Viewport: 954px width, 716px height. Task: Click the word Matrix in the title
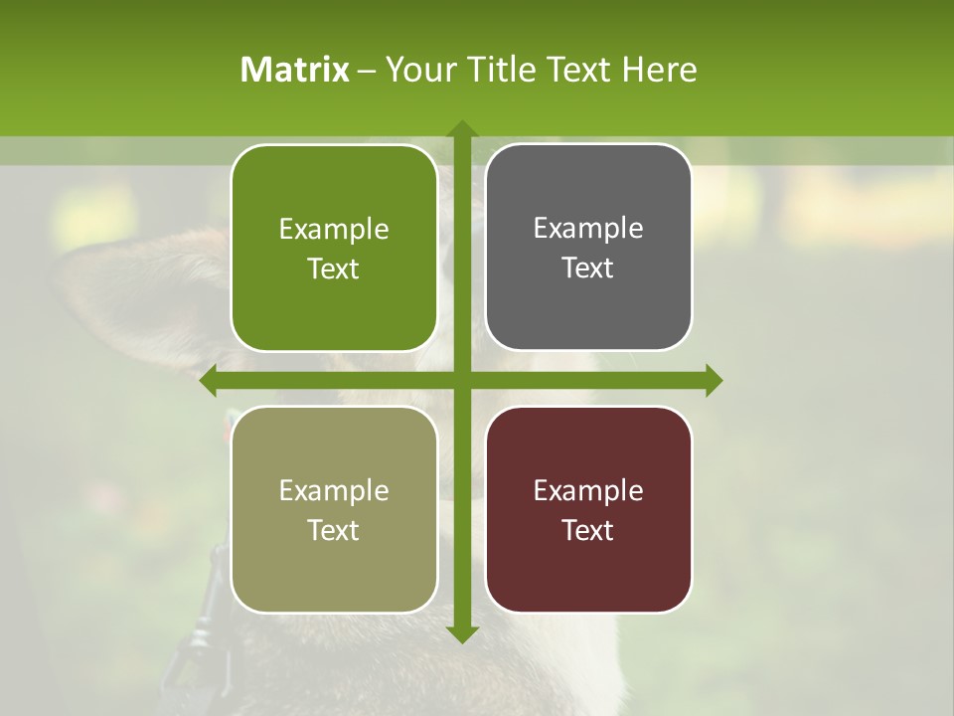295,70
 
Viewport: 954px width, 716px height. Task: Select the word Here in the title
659,70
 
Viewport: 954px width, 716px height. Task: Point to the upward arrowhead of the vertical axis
462,128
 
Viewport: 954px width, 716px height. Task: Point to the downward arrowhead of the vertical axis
462,634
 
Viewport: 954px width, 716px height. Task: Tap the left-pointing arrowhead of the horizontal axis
209,380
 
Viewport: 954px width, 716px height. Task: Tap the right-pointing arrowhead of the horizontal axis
714,380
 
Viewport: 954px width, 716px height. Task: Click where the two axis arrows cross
462,380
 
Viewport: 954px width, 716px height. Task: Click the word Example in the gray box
588,229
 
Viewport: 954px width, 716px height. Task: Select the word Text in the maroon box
588,530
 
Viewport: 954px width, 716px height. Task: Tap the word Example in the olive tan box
334,490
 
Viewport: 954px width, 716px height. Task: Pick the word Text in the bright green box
334,269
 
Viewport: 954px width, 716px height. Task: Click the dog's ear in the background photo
129,288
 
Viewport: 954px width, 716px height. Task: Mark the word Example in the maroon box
588,490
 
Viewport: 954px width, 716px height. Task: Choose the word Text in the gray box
588,268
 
